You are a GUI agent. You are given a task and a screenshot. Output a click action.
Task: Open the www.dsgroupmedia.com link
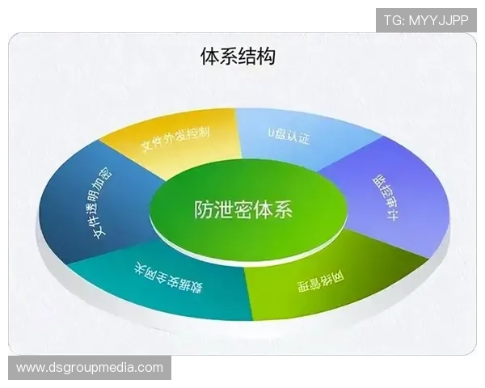[90, 368]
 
